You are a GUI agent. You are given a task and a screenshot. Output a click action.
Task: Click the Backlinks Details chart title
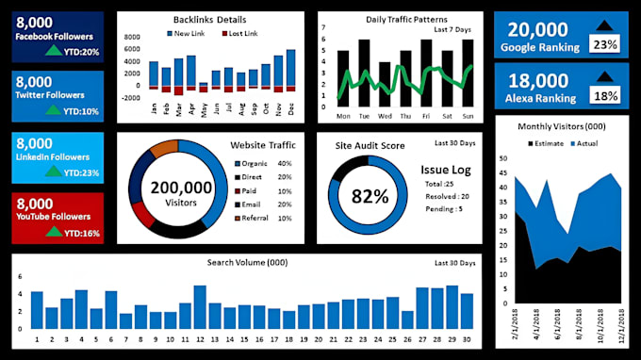click(210, 20)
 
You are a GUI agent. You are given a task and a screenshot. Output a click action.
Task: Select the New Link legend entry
click(189, 33)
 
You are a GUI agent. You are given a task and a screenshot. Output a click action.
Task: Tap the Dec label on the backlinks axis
click(290, 107)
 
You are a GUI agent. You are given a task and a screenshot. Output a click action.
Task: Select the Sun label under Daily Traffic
click(468, 117)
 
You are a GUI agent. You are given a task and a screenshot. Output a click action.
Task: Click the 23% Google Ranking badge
click(603, 44)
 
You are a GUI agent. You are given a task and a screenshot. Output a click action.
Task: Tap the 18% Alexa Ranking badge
click(603, 95)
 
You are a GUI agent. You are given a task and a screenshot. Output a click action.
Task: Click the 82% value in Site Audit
click(370, 196)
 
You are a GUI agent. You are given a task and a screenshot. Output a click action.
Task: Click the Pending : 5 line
click(445, 209)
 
